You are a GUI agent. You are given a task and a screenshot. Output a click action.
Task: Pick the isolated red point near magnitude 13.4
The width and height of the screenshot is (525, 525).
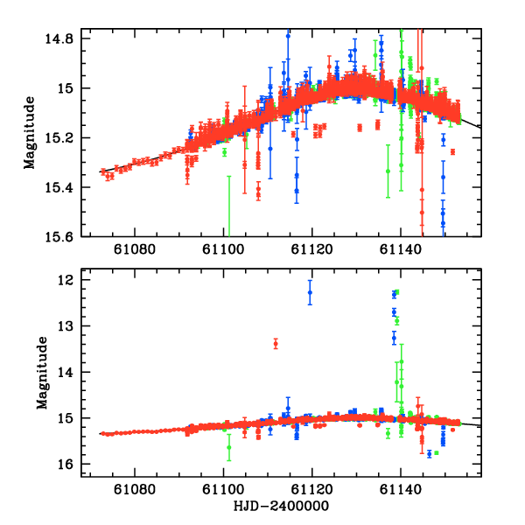276,343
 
